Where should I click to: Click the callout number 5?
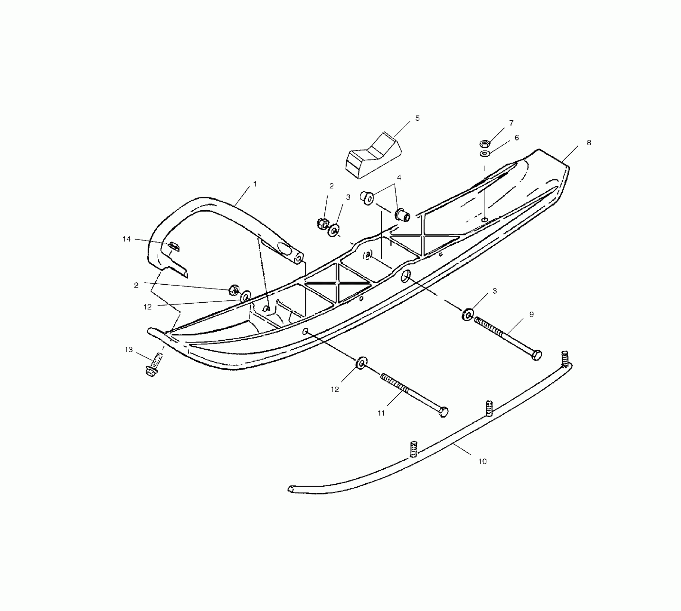click(417, 118)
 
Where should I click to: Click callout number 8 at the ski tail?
click(589, 143)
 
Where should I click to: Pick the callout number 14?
click(127, 239)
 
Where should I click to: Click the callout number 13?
click(128, 350)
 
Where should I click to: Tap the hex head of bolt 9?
click(536, 355)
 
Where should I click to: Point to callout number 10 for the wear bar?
click(482, 461)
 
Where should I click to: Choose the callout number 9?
click(531, 314)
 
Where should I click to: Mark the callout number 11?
click(381, 413)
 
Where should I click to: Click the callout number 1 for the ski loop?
click(255, 184)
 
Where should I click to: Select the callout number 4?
click(399, 178)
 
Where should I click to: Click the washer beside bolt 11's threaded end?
click(361, 363)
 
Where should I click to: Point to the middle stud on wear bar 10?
click(489, 408)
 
